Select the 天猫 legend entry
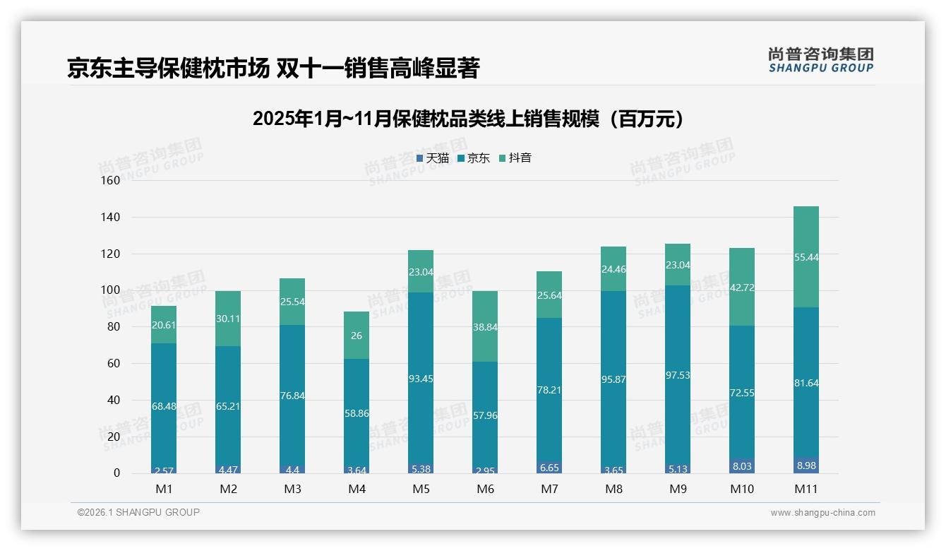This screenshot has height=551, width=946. (x=433, y=158)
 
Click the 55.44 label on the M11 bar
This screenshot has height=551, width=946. (x=806, y=258)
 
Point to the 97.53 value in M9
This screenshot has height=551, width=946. (x=677, y=375)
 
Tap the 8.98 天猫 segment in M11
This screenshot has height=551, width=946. (x=806, y=466)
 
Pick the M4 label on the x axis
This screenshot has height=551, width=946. (x=357, y=489)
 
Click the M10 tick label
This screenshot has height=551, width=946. (x=741, y=489)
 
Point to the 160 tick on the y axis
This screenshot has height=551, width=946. (x=111, y=180)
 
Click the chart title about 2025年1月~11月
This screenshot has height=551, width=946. (x=469, y=119)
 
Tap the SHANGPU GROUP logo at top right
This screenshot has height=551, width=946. (x=820, y=60)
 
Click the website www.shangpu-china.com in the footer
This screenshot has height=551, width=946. (x=822, y=513)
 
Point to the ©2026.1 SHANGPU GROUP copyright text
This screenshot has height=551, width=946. (x=138, y=512)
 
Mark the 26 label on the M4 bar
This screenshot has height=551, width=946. (x=357, y=336)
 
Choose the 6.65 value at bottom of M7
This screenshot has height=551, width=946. (x=549, y=468)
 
